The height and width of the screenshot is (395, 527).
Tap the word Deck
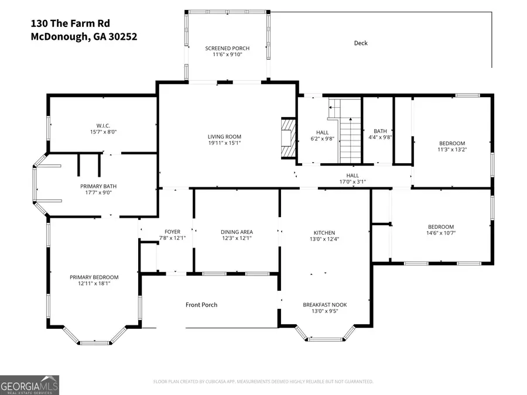[x=361, y=43]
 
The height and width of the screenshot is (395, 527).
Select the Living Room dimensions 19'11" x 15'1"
[x=224, y=142]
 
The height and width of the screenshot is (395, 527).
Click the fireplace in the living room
[x=288, y=138]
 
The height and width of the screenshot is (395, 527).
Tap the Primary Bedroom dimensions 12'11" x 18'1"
[x=94, y=283]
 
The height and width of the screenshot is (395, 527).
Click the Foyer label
[x=172, y=232]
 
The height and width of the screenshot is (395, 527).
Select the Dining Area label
[x=237, y=232]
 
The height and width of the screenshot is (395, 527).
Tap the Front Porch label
[x=201, y=305]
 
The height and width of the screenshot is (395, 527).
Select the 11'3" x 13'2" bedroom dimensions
[x=452, y=149]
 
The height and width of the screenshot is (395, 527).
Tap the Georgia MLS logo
[x=29, y=385]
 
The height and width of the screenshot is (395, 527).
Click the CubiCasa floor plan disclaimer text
[x=263, y=382]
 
